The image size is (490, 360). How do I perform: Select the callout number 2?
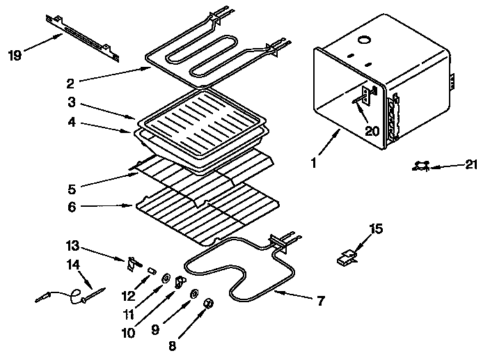(70, 84)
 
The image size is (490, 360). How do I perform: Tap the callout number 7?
(320, 301)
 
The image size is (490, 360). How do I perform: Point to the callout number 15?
(376, 228)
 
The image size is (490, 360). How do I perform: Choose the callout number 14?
(74, 264)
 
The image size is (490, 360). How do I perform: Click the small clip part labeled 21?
(420, 166)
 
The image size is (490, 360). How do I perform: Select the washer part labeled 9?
(193, 292)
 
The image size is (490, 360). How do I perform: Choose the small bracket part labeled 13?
(132, 264)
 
